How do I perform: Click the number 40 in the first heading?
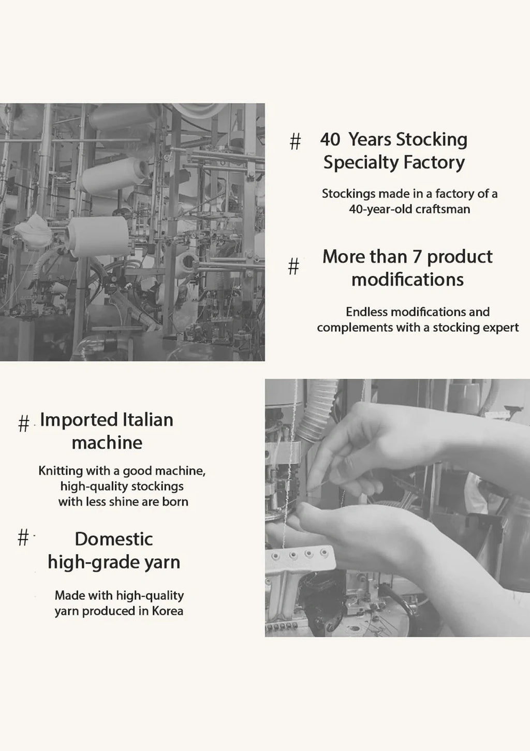point(330,139)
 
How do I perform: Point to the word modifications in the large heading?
point(408,279)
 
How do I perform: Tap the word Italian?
point(148,420)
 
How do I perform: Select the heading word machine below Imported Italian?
point(107,443)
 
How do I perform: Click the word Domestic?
point(114,539)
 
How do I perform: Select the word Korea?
point(168,611)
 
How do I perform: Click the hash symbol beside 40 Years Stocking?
point(295,141)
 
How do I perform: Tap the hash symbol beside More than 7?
point(293,267)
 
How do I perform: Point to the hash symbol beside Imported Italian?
point(24,423)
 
